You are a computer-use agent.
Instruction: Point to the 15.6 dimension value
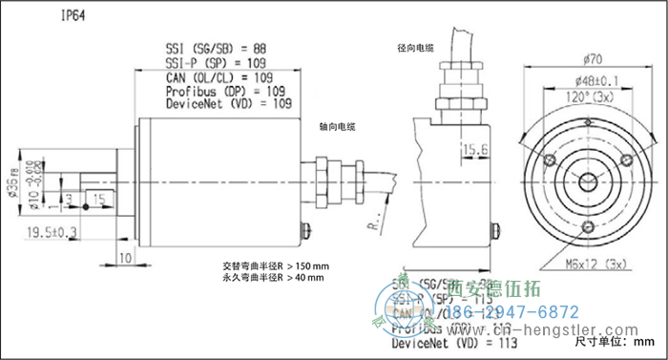475,148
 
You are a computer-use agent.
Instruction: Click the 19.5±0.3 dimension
51,231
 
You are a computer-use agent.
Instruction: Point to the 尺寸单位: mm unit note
615,340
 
